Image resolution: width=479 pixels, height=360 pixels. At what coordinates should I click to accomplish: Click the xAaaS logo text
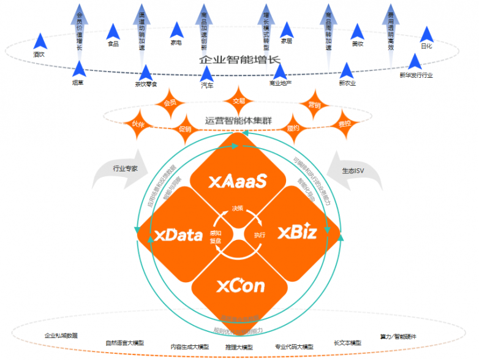click(x=238, y=181)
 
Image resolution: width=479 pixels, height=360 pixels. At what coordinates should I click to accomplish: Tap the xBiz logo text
click(x=297, y=233)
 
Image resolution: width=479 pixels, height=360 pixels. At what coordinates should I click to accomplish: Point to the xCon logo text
click(x=240, y=286)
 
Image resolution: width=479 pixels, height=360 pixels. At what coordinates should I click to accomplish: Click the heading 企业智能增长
click(x=239, y=60)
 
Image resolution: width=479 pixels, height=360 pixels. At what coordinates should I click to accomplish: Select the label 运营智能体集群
click(x=239, y=120)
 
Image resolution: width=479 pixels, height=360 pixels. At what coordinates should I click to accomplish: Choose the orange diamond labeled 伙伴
click(x=138, y=124)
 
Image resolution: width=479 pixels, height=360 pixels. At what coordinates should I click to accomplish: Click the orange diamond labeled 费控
click(x=345, y=124)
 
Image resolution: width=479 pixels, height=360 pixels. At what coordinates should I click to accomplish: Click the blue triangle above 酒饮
click(x=41, y=42)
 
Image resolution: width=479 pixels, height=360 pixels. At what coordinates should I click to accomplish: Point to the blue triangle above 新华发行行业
click(x=415, y=61)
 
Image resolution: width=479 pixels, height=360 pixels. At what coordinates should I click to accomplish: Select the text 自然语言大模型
click(x=125, y=343)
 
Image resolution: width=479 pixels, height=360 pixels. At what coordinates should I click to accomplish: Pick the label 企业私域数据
click(x=61, y=336)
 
